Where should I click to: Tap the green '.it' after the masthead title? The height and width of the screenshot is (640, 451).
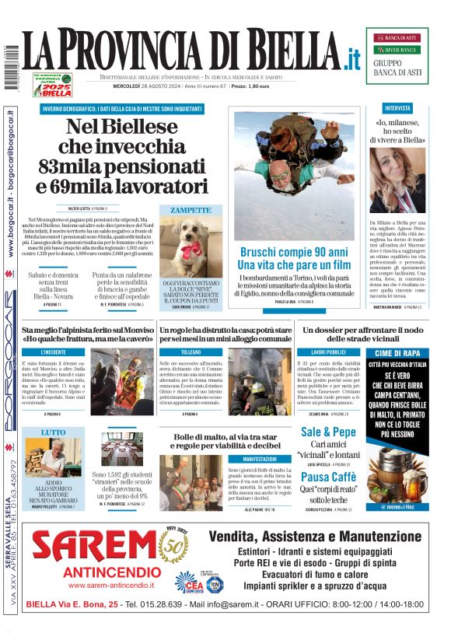(351, 58)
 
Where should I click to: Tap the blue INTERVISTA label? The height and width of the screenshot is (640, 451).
(397, 108)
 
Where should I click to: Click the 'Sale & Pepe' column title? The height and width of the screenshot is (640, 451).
(328, 432)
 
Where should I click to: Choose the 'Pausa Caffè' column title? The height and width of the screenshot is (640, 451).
(328, 476)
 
